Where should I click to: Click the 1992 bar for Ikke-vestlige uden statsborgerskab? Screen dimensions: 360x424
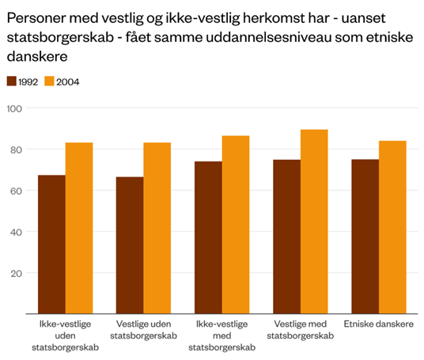pos(51,244)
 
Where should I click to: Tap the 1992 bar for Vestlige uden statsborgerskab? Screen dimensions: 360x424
pos(130,245)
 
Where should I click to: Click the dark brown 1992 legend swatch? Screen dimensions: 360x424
pos(12,81)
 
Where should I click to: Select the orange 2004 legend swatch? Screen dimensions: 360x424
pos(49,81)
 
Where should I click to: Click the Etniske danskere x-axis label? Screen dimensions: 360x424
pos(377,325)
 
